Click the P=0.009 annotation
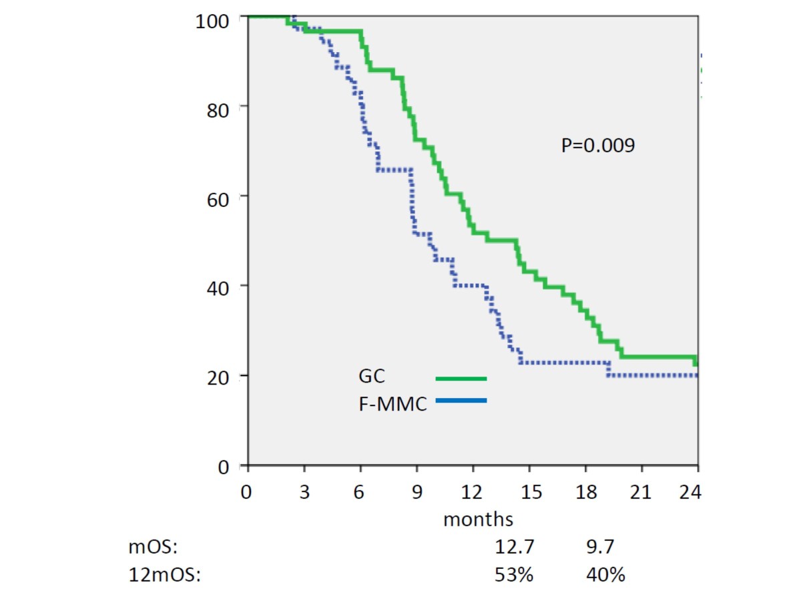click(x=597, y=146)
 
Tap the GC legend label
click(x=371, y=377)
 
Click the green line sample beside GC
click(x=461, y=379)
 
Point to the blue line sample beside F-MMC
click(x=461, y=401)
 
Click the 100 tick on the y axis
click(x=212, y=21)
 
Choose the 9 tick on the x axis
click(x=417, y=493)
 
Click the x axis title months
click(x=478, y=519)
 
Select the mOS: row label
click(x=154, y=548)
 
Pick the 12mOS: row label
click(x=164, y=574)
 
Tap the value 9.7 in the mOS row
click(x=598, y=548)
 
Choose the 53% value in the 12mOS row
click(x=514, y=574)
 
